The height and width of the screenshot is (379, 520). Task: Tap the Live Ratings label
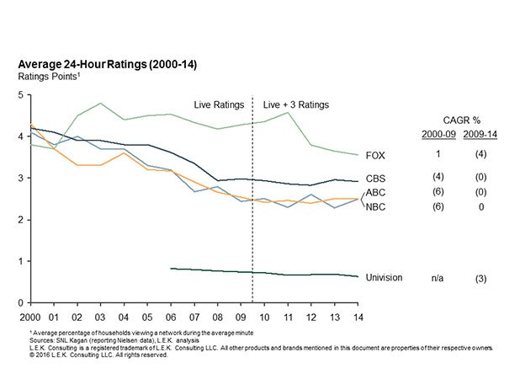218,105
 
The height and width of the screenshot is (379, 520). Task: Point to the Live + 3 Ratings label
296,105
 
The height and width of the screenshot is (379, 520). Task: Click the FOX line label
376,156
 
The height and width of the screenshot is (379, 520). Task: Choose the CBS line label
376,179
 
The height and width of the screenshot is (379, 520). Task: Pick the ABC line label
376,193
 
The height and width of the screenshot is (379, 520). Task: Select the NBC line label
376,206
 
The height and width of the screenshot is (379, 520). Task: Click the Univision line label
385,276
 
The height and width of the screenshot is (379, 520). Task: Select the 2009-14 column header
479,135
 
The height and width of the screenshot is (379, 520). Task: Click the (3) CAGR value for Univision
479,277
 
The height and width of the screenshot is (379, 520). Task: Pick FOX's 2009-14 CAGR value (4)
479,156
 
